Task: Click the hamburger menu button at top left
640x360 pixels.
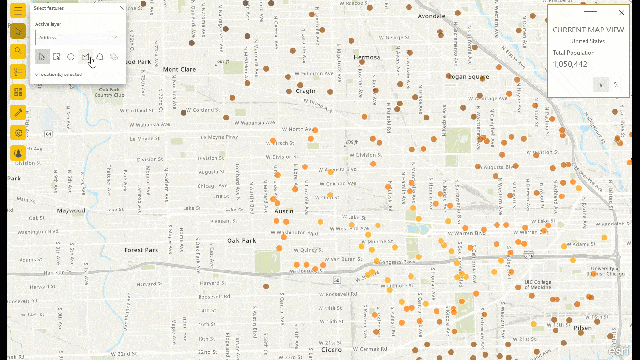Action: [x=18, y=10]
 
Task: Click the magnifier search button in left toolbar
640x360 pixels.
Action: [x=18, y=50]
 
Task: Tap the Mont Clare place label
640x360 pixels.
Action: [x=179, y=69]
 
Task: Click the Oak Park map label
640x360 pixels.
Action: [x=242, y=240]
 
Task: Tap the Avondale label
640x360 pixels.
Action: [x=431, y=17]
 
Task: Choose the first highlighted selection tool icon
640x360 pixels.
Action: [x=42, y=57]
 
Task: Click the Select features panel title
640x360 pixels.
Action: [x=48, y=8]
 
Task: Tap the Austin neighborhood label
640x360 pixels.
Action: [x=283, y=211]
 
